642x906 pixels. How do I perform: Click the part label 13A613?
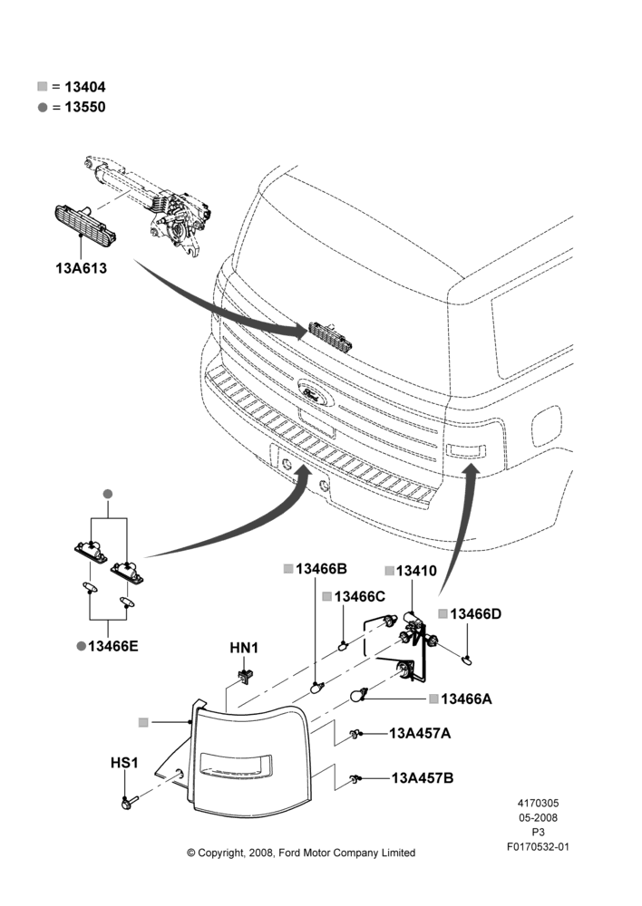tap(81, 268)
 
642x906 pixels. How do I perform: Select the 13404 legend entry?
tap(72, 87)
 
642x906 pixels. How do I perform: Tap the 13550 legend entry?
tap(72, 107)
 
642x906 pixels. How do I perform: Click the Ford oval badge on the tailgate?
tap(316, 392)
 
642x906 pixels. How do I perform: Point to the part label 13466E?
tap(108, 646)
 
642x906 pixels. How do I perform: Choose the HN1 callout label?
tap(244, 649)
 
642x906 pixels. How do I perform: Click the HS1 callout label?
tap(124, 763)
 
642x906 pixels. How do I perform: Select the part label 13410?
tap(412, 571)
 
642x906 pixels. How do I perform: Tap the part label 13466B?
tap(316, 569)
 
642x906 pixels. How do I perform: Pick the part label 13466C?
tap(354, 596)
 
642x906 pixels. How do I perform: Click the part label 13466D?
tap(470, 613)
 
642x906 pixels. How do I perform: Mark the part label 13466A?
tap(461, 699)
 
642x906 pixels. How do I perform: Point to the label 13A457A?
tap(420, 733)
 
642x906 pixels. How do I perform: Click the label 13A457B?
tap(423, 778)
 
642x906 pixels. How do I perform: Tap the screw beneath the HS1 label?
tap(131, 802)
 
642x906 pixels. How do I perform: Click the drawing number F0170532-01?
tap(538, 847)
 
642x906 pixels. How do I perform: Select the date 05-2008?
tap(538, 817)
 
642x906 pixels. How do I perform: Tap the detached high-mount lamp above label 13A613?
tap(84, 223)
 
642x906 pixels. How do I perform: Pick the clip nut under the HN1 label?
tap(247, 674)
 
